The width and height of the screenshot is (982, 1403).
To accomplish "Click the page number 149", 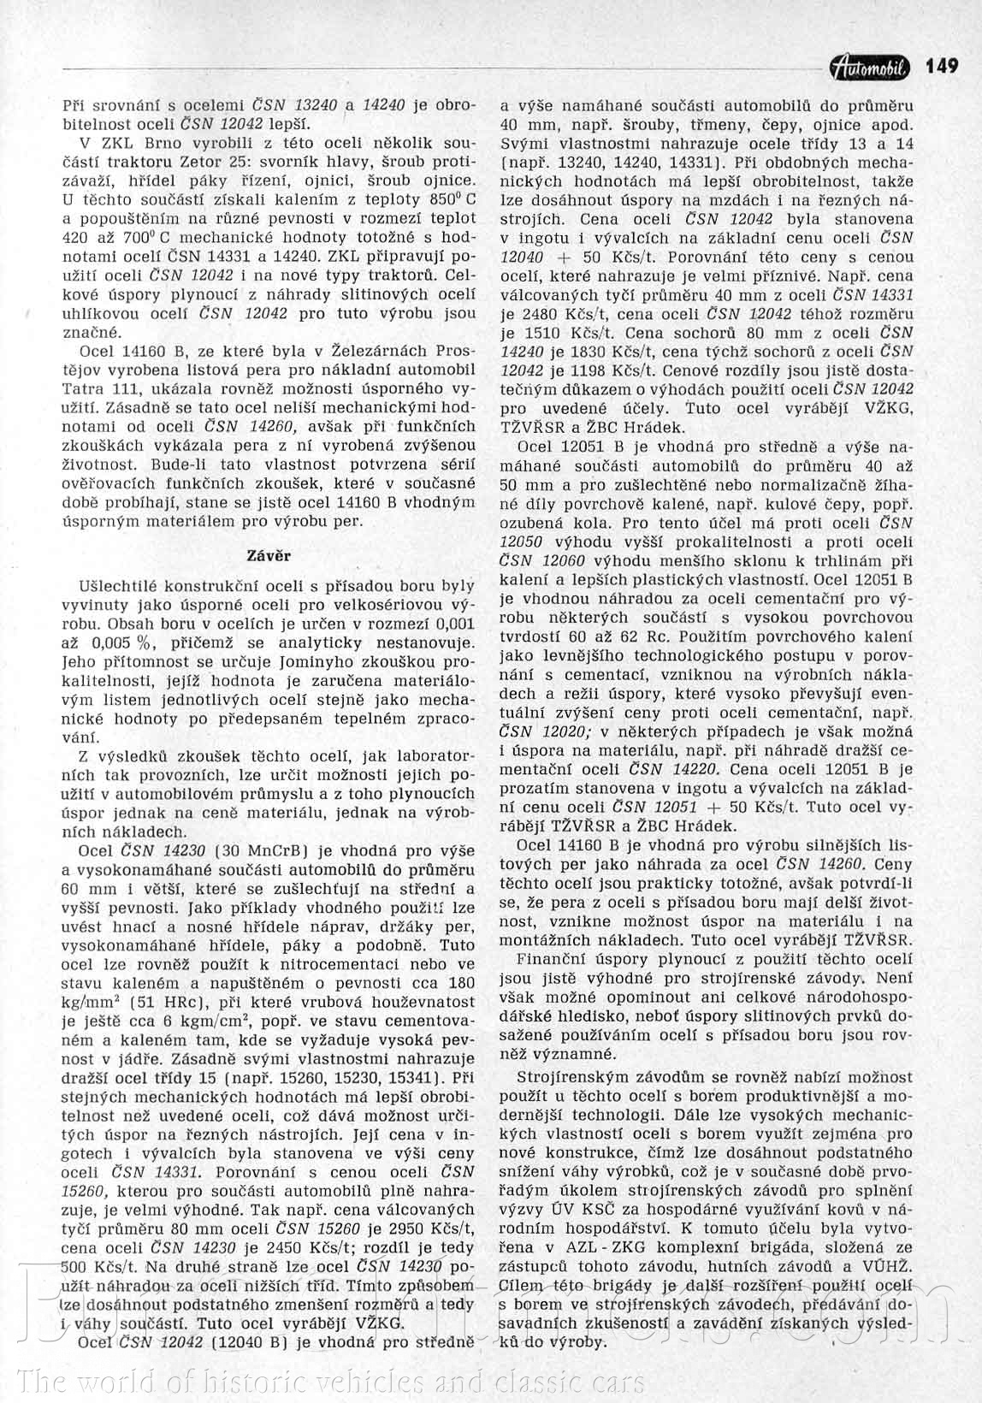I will coord(942,66).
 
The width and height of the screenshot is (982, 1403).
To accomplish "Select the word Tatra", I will coord(83,387).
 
